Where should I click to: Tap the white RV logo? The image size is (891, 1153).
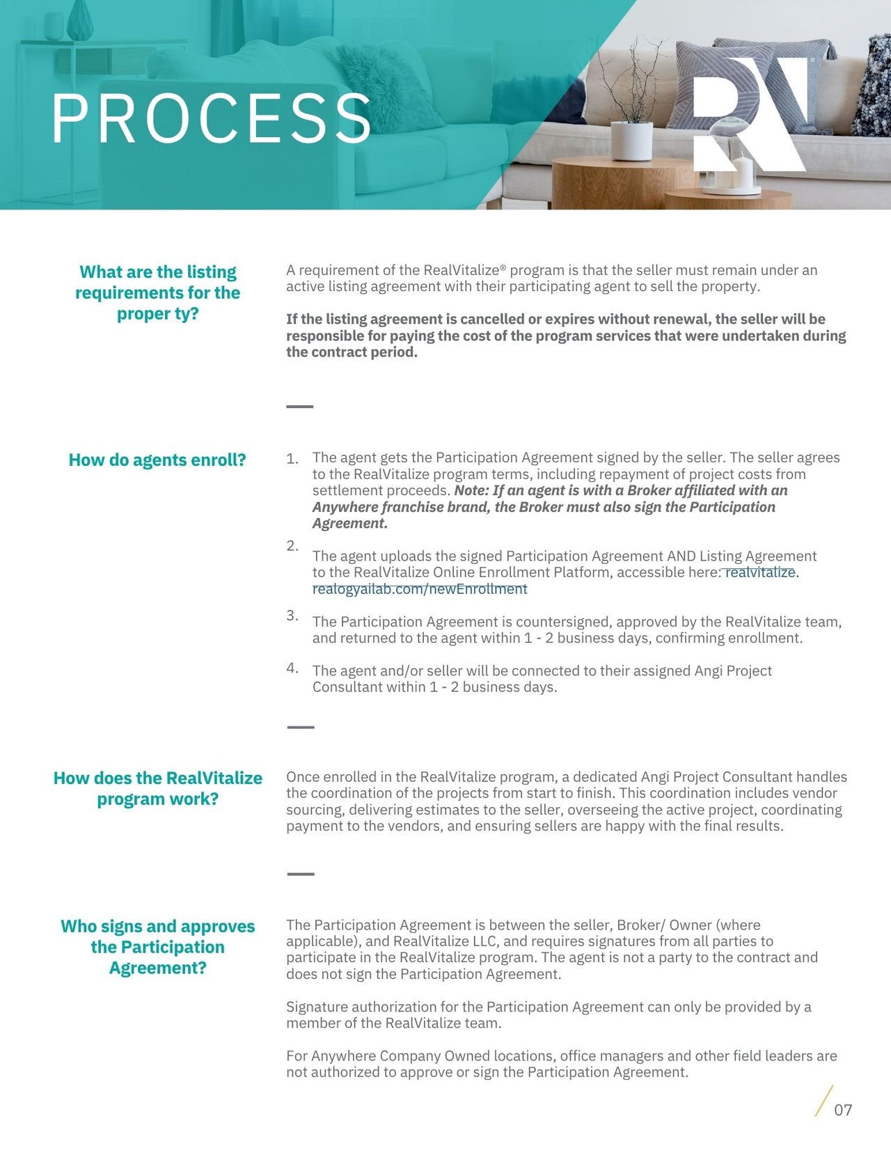pos(748,115)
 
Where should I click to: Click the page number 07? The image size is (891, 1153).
pos(843,1110)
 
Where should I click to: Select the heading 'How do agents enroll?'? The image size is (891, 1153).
pos(157,460)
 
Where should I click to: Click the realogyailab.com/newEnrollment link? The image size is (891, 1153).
pos(420,589)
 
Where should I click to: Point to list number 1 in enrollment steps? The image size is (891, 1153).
pos(292,459)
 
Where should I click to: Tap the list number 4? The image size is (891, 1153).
pos(292,668)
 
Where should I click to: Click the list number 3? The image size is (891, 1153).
pos(292,615)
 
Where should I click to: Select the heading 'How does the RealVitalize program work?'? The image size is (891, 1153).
pos(158,788)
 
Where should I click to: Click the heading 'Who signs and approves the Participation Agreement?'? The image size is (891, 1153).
pos(158,947)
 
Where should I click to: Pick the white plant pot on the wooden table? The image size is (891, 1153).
pos(631,141)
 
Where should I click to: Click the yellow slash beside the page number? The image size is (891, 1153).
pos(823,1101)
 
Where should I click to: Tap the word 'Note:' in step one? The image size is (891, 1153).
pos(472,491)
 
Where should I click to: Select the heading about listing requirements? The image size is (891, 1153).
pos(158,292)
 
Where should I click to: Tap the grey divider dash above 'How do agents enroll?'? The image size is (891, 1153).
pos(300,407)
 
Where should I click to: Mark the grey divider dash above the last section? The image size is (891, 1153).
pos(301,874)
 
